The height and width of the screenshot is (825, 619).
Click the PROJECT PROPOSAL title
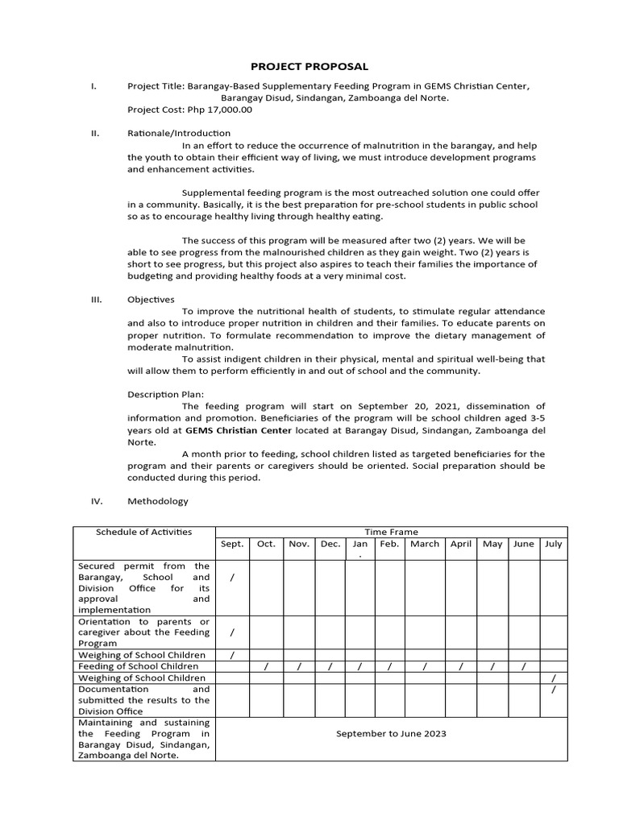309,66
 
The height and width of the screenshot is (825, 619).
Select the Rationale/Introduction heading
179,133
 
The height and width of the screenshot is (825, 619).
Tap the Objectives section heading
151,299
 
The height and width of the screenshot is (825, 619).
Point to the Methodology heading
158,501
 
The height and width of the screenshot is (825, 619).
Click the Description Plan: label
166,394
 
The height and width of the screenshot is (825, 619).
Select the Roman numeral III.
96,299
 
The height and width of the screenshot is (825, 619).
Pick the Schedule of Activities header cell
144,532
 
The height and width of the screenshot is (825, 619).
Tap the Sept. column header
232,544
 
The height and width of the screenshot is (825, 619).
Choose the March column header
424,544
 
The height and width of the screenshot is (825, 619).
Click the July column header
553,544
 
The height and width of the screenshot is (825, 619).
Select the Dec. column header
330,544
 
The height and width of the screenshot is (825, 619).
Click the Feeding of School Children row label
138,666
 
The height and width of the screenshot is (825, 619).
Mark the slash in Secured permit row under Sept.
232,577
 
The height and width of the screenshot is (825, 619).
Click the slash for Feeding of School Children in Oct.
266,666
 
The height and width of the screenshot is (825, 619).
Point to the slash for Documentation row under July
553,690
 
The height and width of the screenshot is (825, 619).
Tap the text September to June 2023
391,734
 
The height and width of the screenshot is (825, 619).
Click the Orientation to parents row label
144,632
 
